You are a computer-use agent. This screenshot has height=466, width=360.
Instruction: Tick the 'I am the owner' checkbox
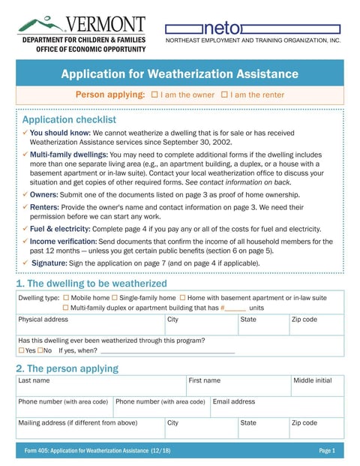click(154, 95)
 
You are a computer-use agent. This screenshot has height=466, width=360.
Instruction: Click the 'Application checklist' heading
click(69, 119)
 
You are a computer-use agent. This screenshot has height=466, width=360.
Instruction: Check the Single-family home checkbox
click(115, 298)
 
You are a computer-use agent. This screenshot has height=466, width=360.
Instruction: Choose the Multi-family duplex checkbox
click(66, 308)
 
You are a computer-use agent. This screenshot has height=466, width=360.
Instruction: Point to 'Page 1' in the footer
click(326, 451)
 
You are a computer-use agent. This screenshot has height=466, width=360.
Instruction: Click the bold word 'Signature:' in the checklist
click(48, 263)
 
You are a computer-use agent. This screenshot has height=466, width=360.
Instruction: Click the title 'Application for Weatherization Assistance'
click(179, 74)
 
